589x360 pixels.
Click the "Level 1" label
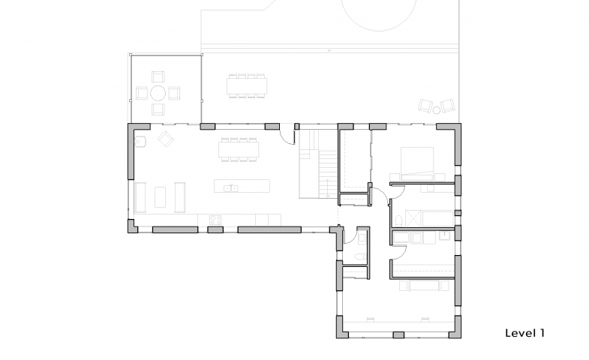click(524, 333)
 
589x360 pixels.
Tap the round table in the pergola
click(158, 93)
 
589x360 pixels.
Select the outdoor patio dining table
click(247, 86)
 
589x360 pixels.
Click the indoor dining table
click(239, 149)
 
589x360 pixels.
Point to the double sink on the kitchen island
click(230, 187)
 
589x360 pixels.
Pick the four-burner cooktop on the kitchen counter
click(215, 219)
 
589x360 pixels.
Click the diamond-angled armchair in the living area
click(165, 139)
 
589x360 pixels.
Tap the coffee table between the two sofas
click(160, 197)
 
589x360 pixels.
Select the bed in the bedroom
click(417, 163)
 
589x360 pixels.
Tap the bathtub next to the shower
click(438, 218)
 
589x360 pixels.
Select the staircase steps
click(328, 173)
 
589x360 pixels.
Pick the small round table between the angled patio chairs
click(437, 110)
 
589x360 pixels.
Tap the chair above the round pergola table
click(158, 76)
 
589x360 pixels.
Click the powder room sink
click(362, 238)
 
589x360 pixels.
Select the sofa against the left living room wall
click(140, 197)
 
